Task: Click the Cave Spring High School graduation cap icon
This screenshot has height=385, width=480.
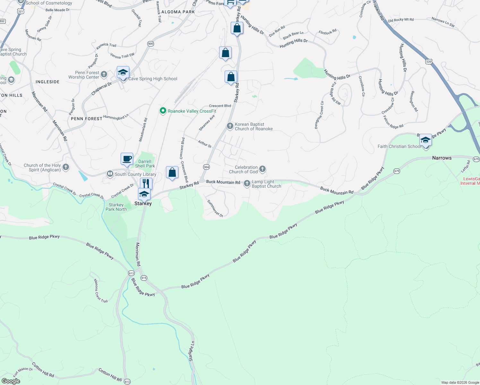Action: pyautogui.click(x=123, y=73)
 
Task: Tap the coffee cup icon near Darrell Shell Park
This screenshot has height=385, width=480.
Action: pyautogui.click(x=127, y=158)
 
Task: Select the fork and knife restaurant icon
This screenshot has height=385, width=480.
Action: pyautogui.click(x=146, y=184)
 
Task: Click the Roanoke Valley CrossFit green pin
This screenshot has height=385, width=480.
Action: pyautogui.click(x=163, y=111)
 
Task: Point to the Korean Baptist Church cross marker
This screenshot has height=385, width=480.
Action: pyautogui.click(x=230, y=126)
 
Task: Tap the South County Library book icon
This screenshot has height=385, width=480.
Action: pyautogui.click(x=110, y=174)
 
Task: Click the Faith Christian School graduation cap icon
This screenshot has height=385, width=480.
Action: pyautogui.click(x=425, y=140)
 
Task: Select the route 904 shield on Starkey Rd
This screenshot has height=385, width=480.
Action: pyautogui.click(x=206, y=167)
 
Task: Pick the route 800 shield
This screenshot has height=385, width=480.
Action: pyautogui.click(x=150, y=44)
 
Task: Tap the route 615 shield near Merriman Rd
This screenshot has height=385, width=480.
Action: pyautogui.click(x=144, y=278)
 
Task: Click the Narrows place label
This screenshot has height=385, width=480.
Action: pyautogui.click(x=441, y=158)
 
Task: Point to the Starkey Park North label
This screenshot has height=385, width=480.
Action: pyautogui.click(x=116, y=207)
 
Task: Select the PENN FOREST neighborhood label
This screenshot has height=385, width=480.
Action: pyautogui.click(x=86, y=119)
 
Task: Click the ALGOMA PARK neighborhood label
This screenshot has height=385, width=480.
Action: pyautogui.click(x=178, y=12)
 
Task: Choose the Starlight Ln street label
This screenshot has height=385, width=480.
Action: pyautogui.click(x=192, y=351)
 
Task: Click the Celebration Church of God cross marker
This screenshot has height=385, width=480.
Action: pyautogui.click(x=262, y=169)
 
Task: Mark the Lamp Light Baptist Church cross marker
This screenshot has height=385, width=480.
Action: pyautogui.click(x=247, y=184)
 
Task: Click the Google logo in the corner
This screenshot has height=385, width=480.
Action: pyautogui.click(x=11, y=381)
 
